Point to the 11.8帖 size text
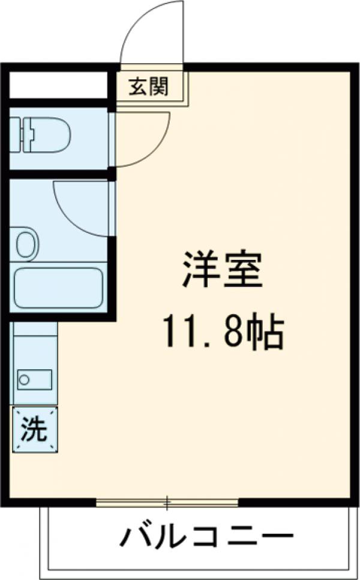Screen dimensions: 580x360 (x=221, y=333)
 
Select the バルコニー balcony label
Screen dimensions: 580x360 (x=206, y=536)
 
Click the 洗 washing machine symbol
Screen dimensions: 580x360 (x=35, y=429)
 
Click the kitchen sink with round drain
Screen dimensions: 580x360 (x=34, y=379)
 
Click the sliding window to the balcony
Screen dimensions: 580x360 (x=167, y=502)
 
